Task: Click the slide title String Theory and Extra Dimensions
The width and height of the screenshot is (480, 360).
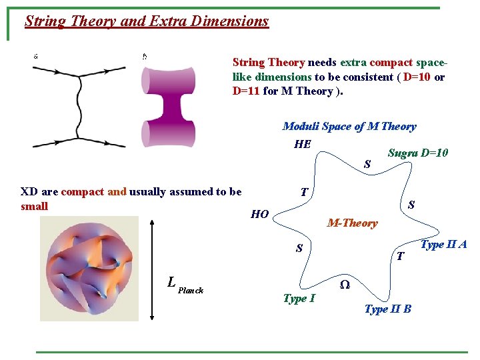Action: pos(147,21)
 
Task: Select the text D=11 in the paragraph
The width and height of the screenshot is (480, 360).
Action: pos(246,91)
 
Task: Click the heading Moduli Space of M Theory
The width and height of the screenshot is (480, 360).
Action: pos(349,126)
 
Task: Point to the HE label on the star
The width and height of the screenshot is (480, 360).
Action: pos(302,144)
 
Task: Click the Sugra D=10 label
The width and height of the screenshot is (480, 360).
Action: pos(418,153)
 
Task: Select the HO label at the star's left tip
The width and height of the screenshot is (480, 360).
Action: pos(259,214)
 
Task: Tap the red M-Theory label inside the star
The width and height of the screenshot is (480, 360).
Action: pos(352,223)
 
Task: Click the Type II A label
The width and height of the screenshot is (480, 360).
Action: pos(443,245)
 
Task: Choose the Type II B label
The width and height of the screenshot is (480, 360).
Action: pos(387,309)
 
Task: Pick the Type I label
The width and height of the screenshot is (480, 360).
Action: pos(299,298)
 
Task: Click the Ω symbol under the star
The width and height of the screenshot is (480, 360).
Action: pos(344,284)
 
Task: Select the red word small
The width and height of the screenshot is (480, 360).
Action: pos(34,206)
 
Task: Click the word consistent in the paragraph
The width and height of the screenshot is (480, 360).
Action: pos(364,77)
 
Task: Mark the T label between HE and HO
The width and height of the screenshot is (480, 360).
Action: pos(303,193)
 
